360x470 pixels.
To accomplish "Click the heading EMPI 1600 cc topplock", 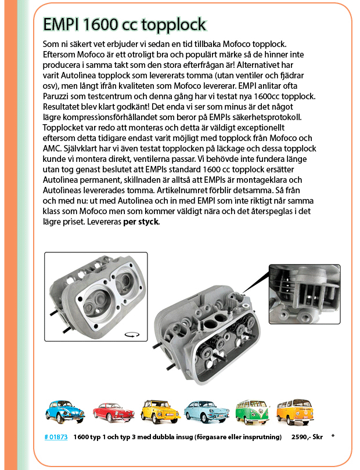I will [x=124, y=24].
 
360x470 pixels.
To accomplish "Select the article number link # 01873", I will [x=56, y=436].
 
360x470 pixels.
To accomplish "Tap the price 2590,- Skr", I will [x=307, y=436].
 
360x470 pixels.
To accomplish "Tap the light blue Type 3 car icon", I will [x=203, y=411].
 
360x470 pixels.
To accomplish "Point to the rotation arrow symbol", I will [x=132, y=335].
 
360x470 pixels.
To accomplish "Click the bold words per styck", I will [x=140, y=222].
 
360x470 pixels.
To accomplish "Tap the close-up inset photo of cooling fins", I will [x=304, y=295].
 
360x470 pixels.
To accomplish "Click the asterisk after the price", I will [x=333, y=436].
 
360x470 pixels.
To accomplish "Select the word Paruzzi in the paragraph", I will [x=59, y=96].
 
